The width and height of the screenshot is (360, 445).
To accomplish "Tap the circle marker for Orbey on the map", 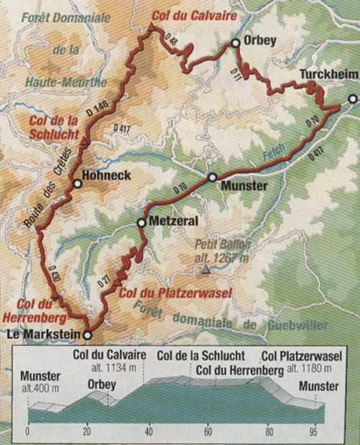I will [235, 44].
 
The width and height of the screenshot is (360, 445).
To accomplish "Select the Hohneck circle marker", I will [77, 184].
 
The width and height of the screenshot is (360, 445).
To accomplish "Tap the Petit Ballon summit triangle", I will [206, 270].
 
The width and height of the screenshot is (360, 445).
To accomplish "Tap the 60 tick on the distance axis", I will [208, 433].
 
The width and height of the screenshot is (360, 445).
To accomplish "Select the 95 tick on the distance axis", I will [313, 433].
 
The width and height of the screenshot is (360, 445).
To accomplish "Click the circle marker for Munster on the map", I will [213, 177].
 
